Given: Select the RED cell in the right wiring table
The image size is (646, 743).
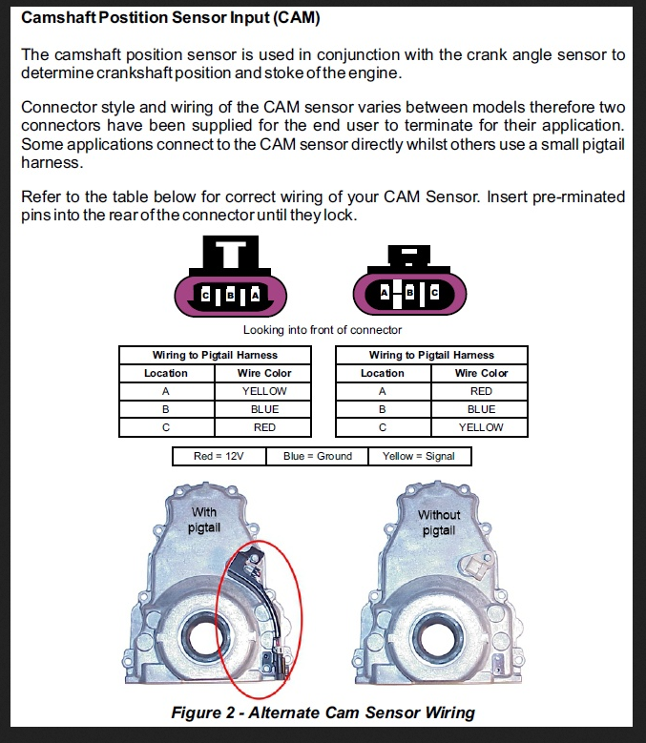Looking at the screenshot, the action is coord(480,391).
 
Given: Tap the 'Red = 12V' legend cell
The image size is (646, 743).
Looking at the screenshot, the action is coord(219,456).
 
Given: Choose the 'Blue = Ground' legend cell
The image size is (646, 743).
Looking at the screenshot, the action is coord(318,456).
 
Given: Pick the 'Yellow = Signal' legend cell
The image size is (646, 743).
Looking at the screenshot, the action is coord(420,456).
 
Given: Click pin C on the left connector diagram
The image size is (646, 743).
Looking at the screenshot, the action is coord(205,296).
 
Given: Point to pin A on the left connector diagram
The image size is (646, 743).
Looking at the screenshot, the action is coord(255,296).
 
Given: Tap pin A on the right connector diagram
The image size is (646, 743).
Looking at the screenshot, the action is coord(385,293).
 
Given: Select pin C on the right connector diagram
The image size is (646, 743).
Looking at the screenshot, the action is coord(434,293).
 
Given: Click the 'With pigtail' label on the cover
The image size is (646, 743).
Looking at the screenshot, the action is coord(204,520).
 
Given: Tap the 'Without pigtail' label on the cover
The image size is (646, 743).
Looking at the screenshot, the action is coord(439,522).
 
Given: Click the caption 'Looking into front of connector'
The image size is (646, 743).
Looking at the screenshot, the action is coord(323,330).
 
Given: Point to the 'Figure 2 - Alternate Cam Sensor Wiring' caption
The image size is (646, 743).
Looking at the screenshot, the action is coord(323,712).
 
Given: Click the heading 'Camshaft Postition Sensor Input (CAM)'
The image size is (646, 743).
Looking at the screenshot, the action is coord(171,17).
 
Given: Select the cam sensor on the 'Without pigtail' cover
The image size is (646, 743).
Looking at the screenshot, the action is coord(475,566).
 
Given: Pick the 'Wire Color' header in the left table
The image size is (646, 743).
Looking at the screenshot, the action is coord(264,373).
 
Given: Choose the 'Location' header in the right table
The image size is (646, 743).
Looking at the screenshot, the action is coord(383,373).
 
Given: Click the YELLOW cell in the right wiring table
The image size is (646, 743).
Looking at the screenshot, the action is coord(481,427).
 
